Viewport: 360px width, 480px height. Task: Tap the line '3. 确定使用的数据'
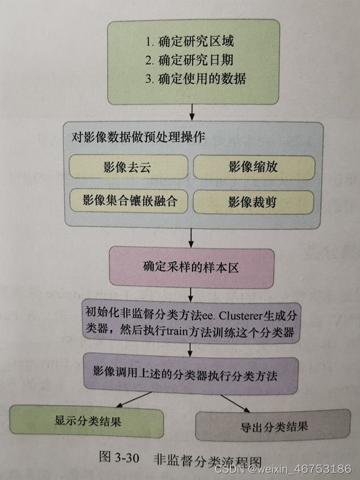coord(196,78)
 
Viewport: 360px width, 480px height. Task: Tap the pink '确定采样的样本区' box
coord(191,267)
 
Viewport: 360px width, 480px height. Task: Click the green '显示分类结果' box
coord(88,421)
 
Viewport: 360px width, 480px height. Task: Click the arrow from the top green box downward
coord(191,113)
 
